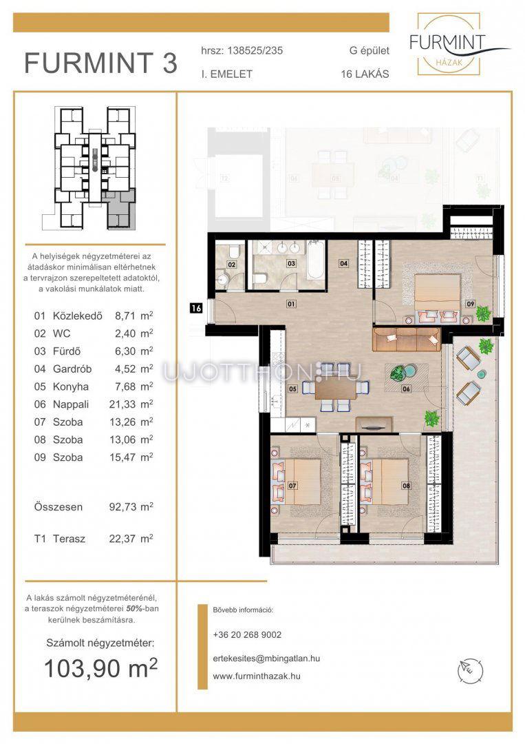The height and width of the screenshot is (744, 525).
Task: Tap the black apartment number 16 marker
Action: coord(195,308)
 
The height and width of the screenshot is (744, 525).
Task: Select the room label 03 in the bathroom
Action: coord(291,263)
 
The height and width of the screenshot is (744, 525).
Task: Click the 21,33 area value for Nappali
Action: coord(122,404)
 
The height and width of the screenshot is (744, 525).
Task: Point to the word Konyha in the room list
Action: coord(71,386)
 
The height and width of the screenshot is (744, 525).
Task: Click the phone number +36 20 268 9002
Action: coord(247,634)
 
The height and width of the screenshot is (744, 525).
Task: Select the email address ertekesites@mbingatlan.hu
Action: coord(266,658)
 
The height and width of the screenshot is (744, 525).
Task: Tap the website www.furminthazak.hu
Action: coord(257,676)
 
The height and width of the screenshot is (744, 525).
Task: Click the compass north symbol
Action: coord(470,670)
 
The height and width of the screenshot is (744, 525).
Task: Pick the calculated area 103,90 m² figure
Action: coord(100,668)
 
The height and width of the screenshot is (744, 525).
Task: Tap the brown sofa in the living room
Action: coord(407,339)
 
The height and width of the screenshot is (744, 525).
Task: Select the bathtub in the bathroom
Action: coord(316,260)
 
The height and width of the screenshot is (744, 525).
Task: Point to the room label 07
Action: coord(292,486)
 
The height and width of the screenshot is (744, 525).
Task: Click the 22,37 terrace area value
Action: coord(122,539)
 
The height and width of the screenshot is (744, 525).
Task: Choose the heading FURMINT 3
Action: coord(101,63)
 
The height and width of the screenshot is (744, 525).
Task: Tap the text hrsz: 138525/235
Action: coord(242,51)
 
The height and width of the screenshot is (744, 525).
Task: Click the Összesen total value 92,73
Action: coord(122,507)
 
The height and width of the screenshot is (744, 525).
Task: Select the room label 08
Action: coord(406,486)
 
